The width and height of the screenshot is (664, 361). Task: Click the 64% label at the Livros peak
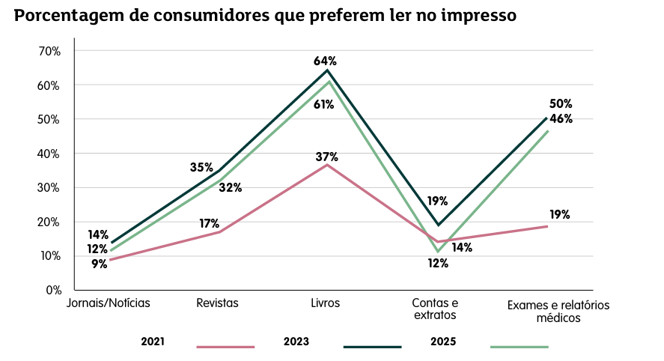[x=326, y=61]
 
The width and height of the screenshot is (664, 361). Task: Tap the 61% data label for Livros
[x=323, y=104]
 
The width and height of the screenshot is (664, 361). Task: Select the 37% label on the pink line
[x=326, y=157]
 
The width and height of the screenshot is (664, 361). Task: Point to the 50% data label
[x=561, y=103]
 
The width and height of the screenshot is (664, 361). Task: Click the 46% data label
[x=561, y=118]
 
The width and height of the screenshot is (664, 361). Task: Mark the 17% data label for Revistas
[x=209, y=223]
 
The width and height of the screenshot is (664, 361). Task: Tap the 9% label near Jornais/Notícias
[x=100, y=263]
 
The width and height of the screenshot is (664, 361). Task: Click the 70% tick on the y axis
[x=49, y=51]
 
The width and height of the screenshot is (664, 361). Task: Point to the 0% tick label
[x=52, y=290]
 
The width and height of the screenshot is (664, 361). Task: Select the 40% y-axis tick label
[x=49, y=154]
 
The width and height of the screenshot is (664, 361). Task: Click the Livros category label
[x=326, y=303]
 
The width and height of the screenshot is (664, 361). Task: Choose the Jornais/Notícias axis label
[x=109, y=303]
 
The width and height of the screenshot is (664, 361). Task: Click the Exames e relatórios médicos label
[x=558, y=312]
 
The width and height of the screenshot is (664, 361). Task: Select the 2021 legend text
[x=153, y=342]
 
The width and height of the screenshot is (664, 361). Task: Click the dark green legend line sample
[x=372, y=347]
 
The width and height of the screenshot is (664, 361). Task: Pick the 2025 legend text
[x=443, y=342]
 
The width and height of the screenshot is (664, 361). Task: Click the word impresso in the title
[x=476, y=16]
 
